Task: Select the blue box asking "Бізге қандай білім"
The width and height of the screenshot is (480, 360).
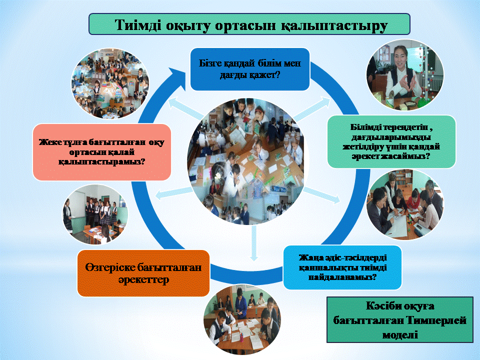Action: [250, 69]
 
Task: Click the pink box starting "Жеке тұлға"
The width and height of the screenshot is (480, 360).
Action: [101, 152]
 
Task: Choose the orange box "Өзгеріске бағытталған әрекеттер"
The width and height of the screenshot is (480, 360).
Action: [143, 273]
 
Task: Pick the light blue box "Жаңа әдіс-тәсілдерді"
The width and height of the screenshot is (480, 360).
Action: [342, 267]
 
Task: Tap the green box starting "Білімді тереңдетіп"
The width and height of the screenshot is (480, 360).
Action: [391, 141]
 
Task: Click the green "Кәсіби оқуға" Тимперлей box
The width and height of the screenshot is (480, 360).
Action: [400, 319]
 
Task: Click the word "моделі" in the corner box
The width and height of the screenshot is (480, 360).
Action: [400, 334]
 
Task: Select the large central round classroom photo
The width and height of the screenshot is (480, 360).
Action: [246, 161]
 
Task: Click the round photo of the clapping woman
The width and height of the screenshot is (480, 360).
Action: [404, 74]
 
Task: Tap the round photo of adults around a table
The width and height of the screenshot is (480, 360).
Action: [404, 205]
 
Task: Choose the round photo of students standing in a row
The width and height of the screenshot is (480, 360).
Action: [95, 214]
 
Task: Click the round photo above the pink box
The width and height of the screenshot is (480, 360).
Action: [110, 83]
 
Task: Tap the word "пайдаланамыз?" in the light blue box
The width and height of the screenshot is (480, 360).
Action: [342, 277]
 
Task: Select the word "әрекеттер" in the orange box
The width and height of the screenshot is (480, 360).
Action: [143, 280]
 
